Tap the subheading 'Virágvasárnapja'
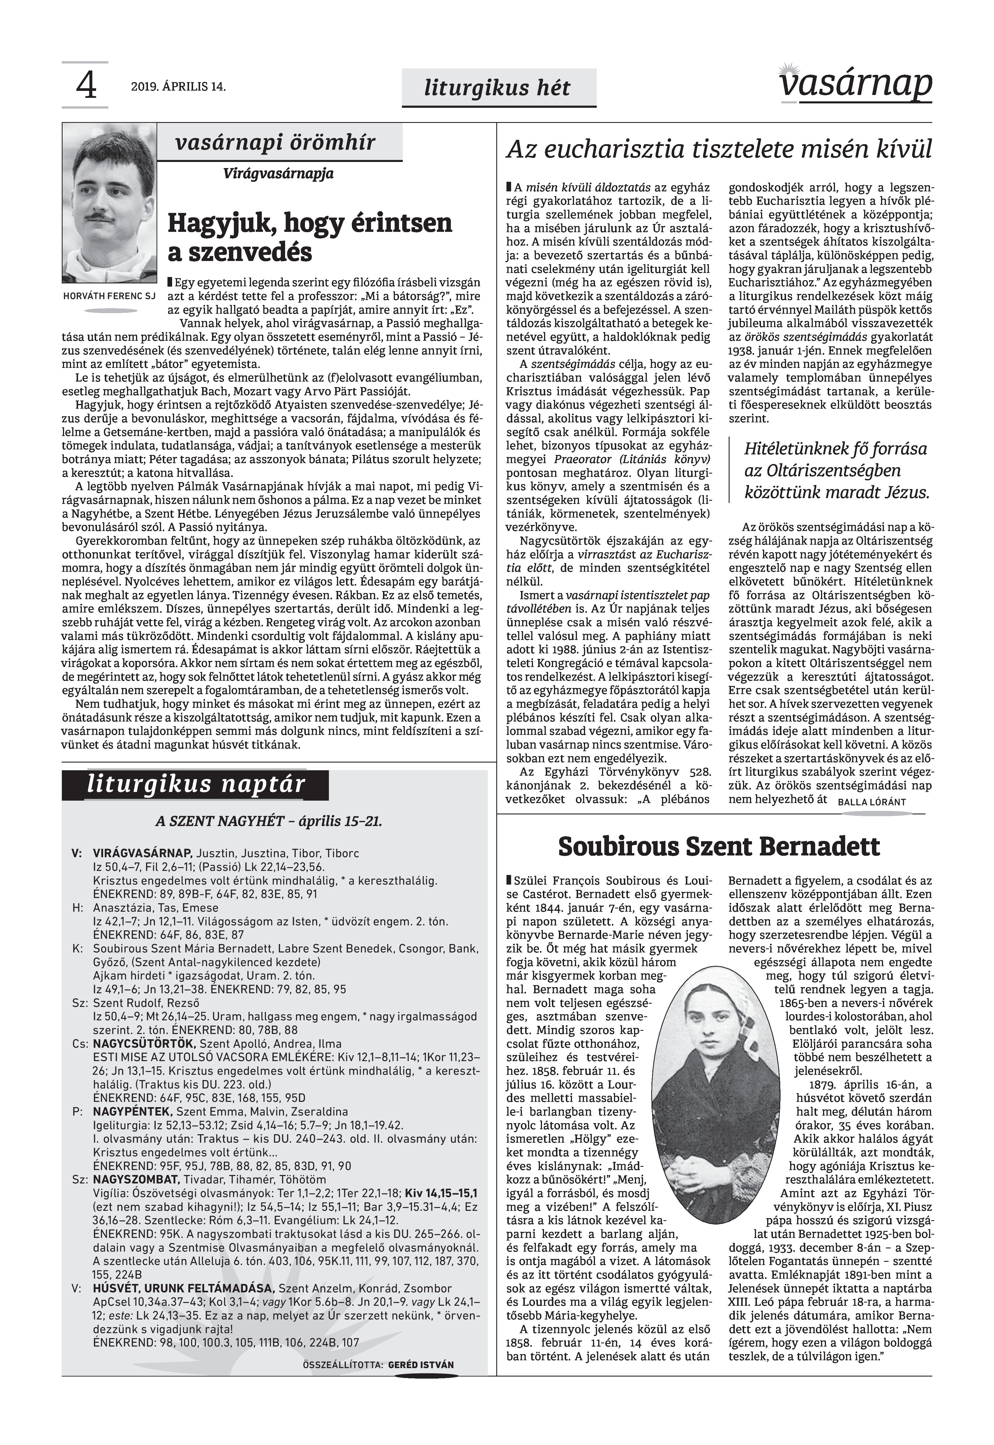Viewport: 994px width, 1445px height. pyautogui.click(x=278, y=173)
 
